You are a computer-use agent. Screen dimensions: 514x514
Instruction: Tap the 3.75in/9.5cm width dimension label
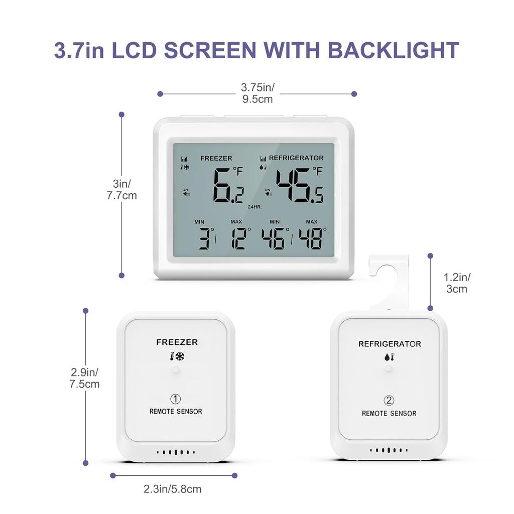[258, 93]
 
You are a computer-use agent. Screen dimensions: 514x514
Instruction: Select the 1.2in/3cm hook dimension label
[457, 283]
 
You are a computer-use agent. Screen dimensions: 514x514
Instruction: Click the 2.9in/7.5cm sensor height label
[85, 378]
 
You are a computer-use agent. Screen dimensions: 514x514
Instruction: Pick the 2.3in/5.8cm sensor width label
[172, 488]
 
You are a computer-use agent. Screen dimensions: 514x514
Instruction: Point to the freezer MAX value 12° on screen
[240, 238]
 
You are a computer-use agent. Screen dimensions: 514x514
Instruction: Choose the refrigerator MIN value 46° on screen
[275, 238]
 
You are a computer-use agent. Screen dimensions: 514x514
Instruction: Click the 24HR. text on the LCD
[254, 207]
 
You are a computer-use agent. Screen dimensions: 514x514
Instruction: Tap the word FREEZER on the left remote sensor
[177, 342]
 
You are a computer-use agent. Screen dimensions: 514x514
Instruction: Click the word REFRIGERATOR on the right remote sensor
[390, 344]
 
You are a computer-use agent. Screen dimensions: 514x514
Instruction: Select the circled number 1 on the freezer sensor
[175, 399]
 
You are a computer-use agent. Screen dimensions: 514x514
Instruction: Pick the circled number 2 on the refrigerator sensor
[389, 401]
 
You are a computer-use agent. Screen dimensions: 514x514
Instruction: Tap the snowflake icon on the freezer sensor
[179, 357]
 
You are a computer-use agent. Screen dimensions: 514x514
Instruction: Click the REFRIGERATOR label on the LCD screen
[296, 158]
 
